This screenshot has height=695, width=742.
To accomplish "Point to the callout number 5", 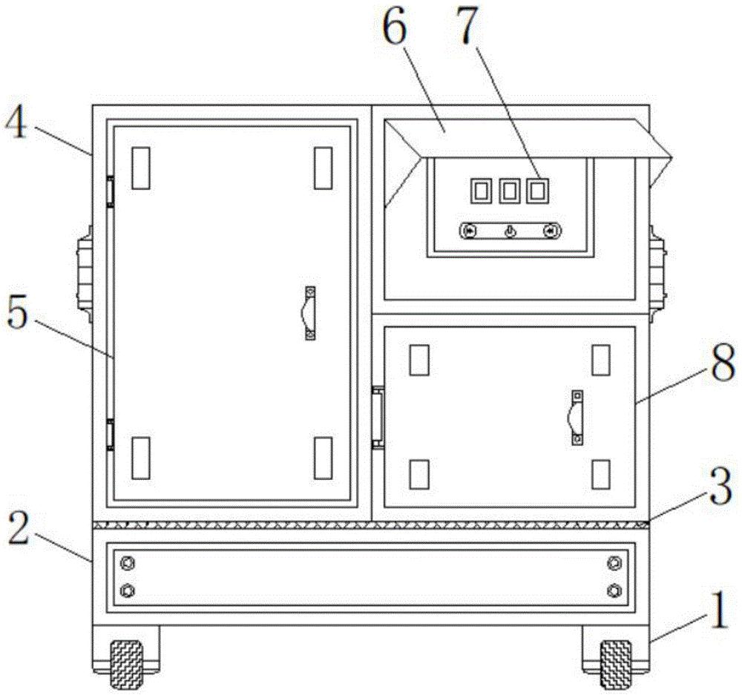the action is point(17,314).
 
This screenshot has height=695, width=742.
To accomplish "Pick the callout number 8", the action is point(723,363).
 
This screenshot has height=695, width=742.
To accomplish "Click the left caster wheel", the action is point(126,665).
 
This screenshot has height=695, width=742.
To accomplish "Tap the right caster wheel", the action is point(616,665).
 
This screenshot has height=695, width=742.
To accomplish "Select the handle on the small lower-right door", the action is point(576,418).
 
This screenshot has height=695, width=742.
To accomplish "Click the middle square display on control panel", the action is point(509,191).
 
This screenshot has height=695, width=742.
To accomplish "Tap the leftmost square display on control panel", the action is point(480,191).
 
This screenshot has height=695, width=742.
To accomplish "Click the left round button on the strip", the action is point(470,231).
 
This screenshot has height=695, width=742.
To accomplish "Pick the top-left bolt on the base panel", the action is point(128,563).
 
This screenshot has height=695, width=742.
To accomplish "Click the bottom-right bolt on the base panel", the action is point(614,590).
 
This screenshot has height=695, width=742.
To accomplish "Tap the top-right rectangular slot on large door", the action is point(324,168).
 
